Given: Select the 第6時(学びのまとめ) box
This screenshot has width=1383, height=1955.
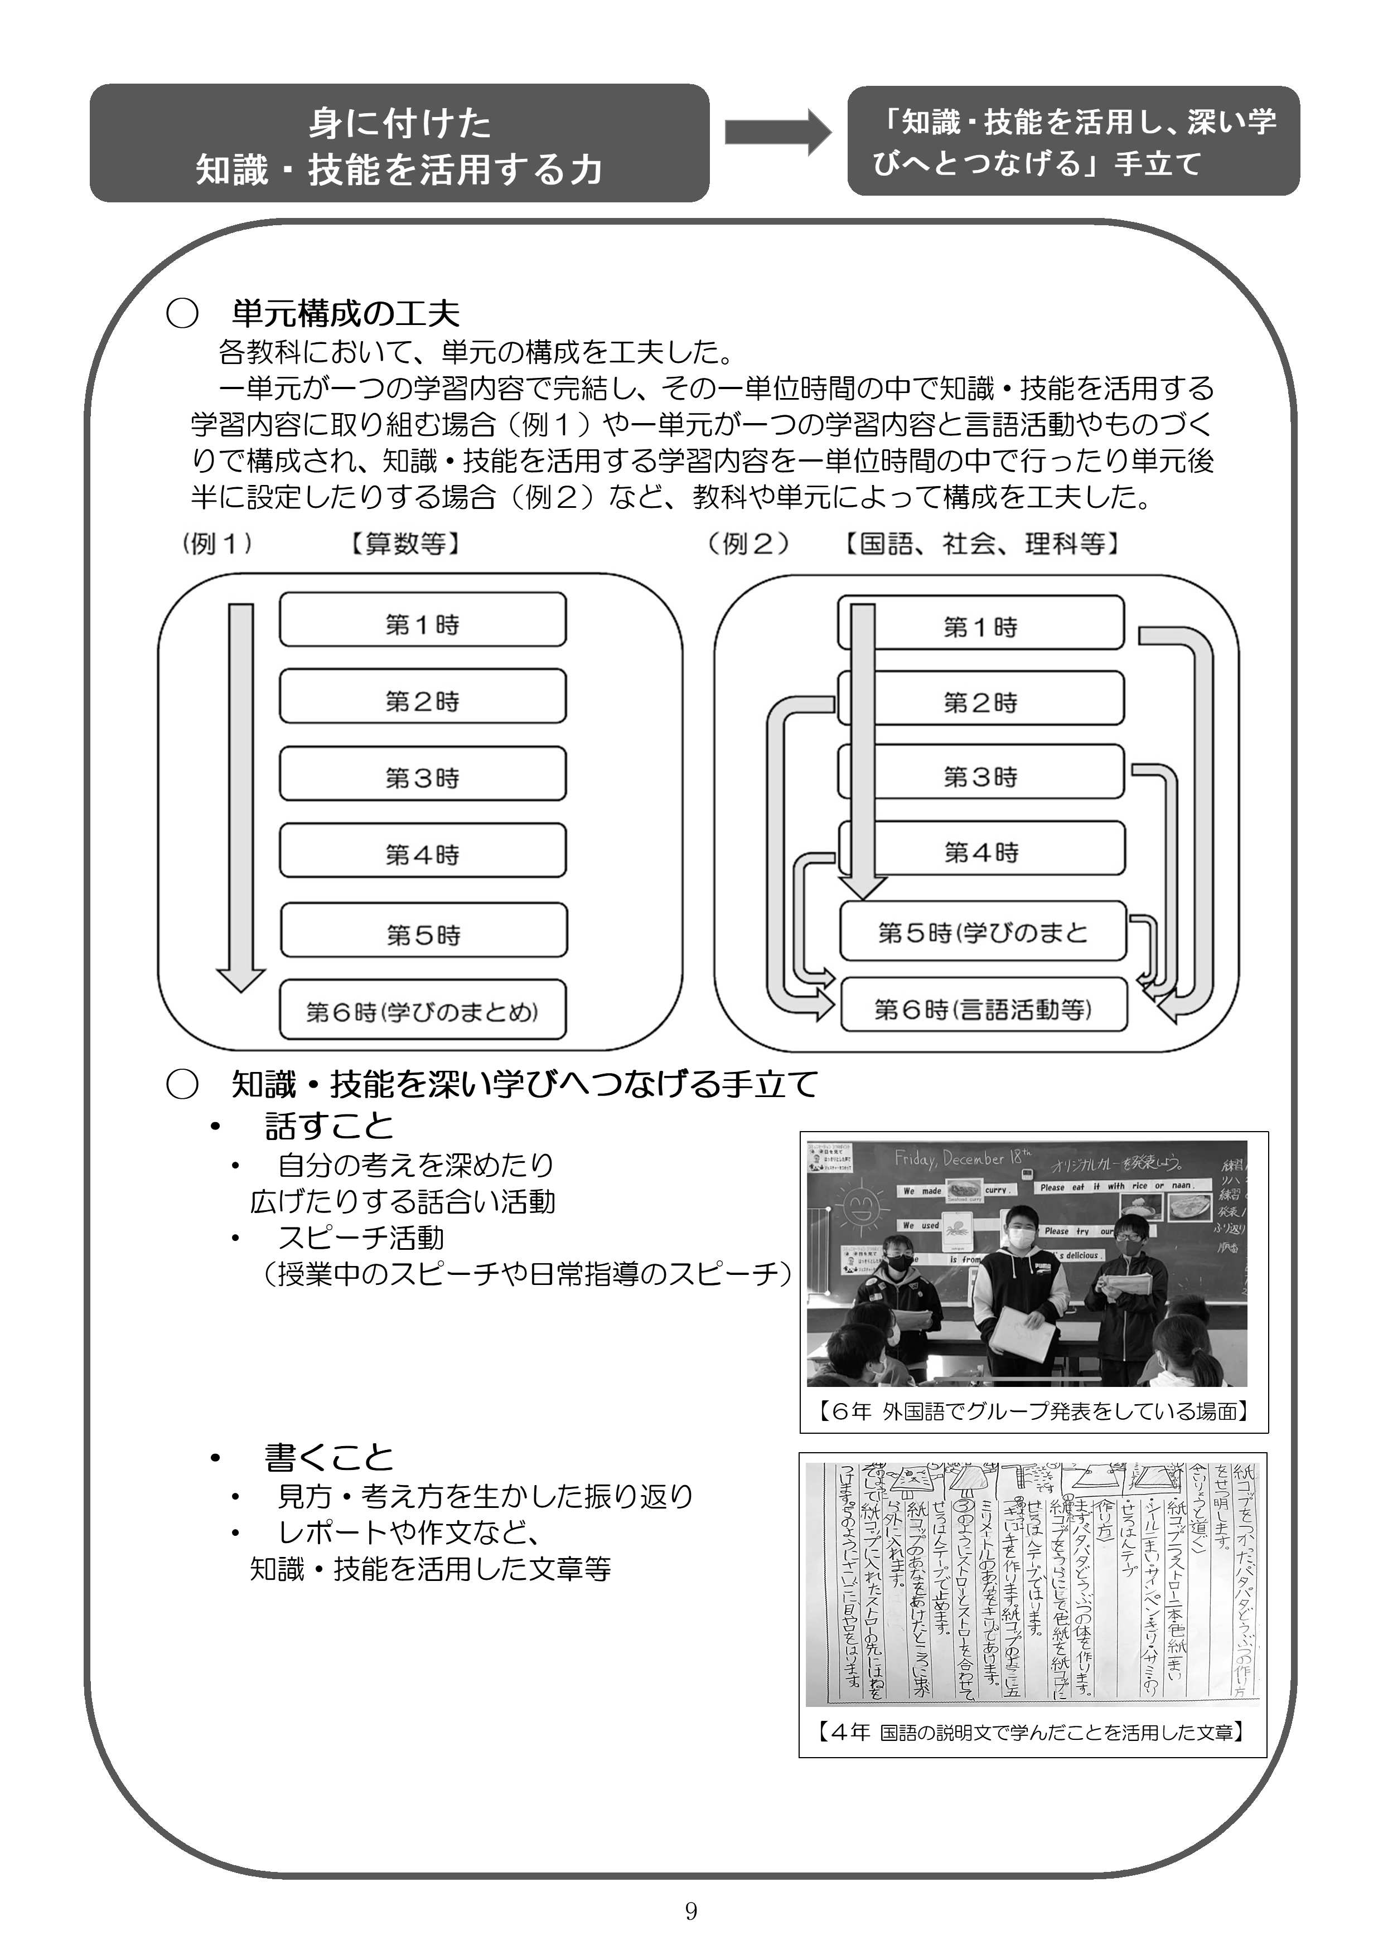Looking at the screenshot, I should point(422,1011).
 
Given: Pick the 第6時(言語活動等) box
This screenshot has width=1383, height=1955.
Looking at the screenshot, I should point(983,1006).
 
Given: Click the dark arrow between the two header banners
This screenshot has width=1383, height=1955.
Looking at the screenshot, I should point(777,132).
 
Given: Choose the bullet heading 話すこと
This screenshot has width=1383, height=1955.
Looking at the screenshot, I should point(328,1127).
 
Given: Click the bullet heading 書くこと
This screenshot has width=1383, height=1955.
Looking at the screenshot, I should point(328,1457).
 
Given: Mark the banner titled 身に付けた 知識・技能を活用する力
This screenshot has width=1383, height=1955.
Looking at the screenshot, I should point(399,144).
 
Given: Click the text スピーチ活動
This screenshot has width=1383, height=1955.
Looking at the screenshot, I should point(361,1237).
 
